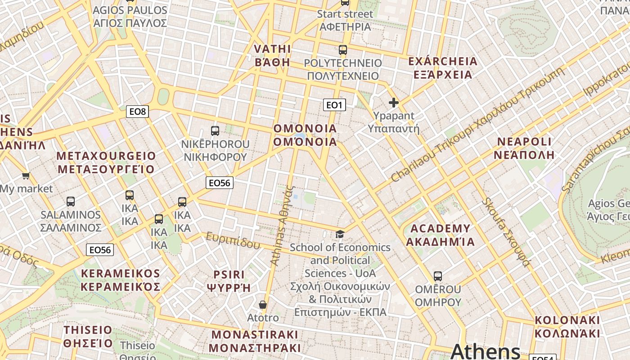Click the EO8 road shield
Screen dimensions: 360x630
tap(137, 111)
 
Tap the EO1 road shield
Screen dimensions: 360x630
tap(334, 105)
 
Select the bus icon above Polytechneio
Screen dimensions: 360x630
tap(343, 50)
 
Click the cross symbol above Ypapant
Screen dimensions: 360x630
tap(394, 103)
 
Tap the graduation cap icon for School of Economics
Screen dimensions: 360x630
tap(340, 234)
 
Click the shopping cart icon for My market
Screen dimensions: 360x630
tap(26, 175)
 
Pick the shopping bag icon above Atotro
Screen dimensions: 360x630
tap(263, 305)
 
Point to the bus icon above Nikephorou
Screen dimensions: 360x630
tap(215, 131)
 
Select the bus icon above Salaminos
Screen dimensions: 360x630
tap(71, 201)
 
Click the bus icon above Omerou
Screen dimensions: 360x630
tap(438, 276)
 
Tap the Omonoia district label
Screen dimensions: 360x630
tap(305, 135)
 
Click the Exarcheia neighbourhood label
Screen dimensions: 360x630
tap(443, 67)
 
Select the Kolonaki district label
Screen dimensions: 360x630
tap(567, 327)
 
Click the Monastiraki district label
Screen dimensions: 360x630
tap(255, 341)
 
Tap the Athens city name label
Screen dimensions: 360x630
tap(485, 351)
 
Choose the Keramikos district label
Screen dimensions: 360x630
tap(121, 280)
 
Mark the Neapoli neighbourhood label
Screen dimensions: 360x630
tap(524, 148)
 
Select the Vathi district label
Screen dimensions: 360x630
tap(272, 55)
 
